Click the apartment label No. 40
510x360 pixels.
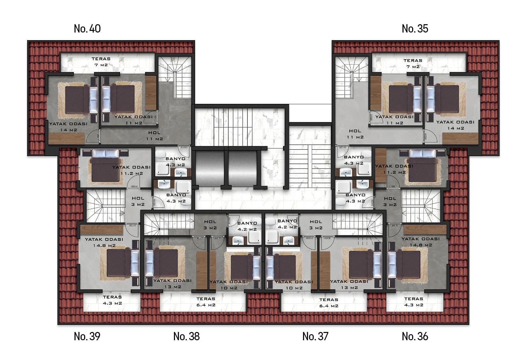point(87,29)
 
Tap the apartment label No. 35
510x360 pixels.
point(415,29)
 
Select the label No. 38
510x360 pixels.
point(186,336)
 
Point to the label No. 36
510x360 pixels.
point(415,336)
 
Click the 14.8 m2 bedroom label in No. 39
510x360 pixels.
point(104,242)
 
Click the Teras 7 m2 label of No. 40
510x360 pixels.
point(101,62)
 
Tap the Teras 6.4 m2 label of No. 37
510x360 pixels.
point(329,303)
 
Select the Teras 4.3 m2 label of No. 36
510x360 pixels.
point(413,302)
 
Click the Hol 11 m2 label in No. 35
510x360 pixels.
point(355,134)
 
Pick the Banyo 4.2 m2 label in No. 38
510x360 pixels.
point(247,226)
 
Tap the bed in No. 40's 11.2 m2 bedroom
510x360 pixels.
point(105,166)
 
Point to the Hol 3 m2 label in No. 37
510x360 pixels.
point(316,225)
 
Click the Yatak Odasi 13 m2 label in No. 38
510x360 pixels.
point(172,284)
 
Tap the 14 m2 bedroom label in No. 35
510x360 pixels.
point(455,125)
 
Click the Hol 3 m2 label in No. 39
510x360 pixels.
point(138,201)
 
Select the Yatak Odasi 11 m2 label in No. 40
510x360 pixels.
point(134,120)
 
